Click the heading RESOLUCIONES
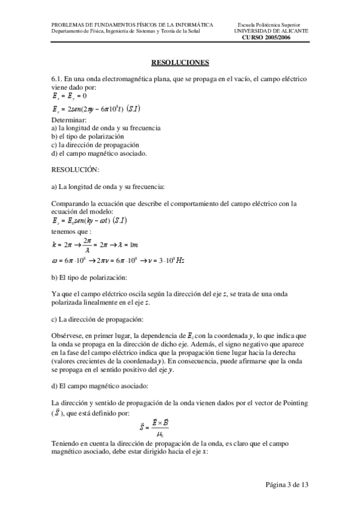(180, 62)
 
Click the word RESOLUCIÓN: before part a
(75, 170)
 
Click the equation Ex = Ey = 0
(70, 96)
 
